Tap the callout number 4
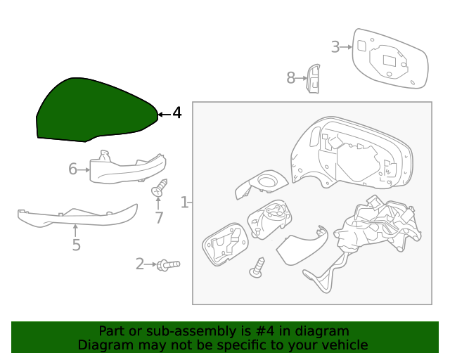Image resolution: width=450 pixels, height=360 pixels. click(x=176, y=113)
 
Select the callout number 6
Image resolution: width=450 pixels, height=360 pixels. click(x=72, y=169)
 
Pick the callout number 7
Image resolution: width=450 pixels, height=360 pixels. click(x=159, y=218)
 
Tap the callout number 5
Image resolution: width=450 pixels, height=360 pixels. click(x=76, y=245)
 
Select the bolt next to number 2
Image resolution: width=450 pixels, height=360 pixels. click(x=168, y=264)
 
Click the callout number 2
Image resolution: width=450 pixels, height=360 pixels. click(x=139, y=264)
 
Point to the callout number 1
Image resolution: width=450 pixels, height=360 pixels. click(x=184, y=203)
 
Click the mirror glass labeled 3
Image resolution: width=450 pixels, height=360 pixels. click(x=390, y=59)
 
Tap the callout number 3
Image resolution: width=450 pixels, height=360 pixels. click(x=335, y=47)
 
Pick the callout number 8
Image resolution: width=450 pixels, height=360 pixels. click(x=290, y=78)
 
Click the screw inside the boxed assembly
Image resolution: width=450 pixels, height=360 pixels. click(x=258, y=267)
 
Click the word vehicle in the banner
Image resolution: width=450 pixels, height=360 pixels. click(x=342, y=345)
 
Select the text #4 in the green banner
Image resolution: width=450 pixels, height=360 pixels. click(x=267, y=330)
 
